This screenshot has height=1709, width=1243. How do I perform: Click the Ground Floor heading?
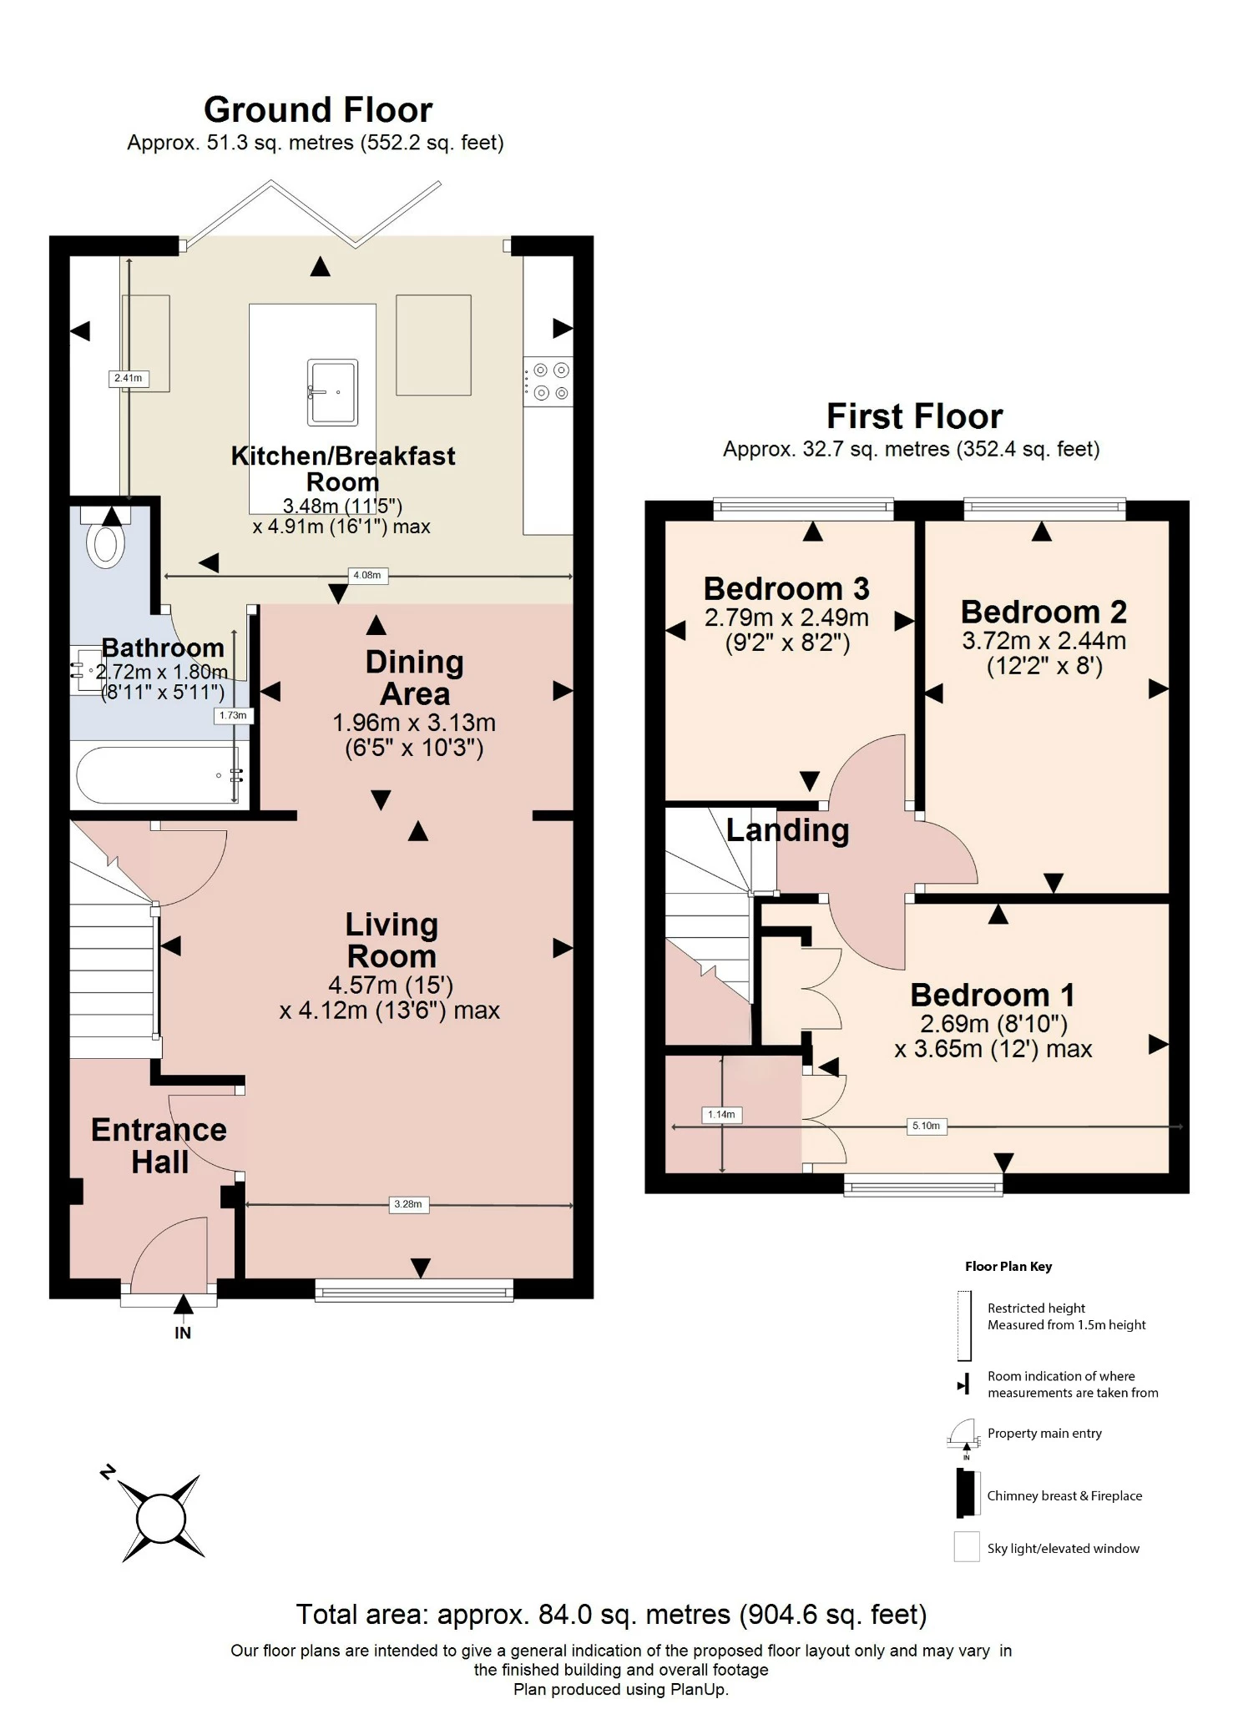318,110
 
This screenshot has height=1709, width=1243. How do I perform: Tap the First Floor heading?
914,416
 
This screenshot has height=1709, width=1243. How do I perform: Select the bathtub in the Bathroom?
159,775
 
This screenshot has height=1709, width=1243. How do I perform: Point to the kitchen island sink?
332,391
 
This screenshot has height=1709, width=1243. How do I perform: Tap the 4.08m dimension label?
366,575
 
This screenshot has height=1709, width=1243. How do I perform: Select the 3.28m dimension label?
408,1204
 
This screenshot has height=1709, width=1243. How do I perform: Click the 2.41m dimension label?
128,378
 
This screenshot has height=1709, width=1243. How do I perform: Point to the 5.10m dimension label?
926,1126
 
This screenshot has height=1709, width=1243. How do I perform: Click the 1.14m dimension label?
721,1114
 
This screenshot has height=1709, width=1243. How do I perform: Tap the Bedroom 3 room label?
786,589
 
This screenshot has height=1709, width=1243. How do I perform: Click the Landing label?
787,830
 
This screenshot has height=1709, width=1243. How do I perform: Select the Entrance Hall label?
159,1146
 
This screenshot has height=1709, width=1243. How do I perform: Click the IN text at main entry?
183,1333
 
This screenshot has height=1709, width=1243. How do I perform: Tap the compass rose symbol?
161,1518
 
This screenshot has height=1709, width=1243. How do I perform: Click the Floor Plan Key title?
1008,1266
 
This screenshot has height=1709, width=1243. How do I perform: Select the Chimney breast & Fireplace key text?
1064,1495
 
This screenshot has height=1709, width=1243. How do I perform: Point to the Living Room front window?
414,1291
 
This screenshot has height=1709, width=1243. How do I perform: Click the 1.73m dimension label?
233,715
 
